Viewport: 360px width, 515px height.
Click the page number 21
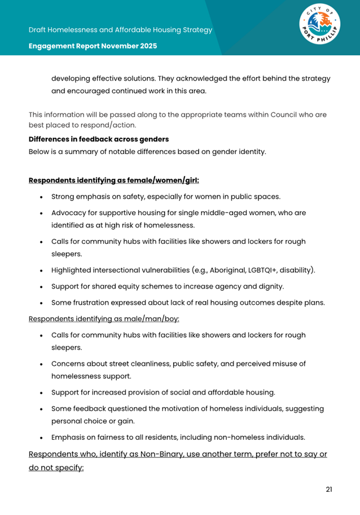[x=329, y=489]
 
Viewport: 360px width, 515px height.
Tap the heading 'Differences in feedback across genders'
[x=99, y=139]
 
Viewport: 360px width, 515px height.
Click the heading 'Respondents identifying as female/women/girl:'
[x=113, y=181]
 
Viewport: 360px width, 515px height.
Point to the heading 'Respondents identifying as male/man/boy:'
[x=104, y=318]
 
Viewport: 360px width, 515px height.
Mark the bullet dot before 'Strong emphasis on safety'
[x=42, y=198]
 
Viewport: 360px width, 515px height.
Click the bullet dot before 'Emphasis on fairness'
[x=42, y=437]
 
